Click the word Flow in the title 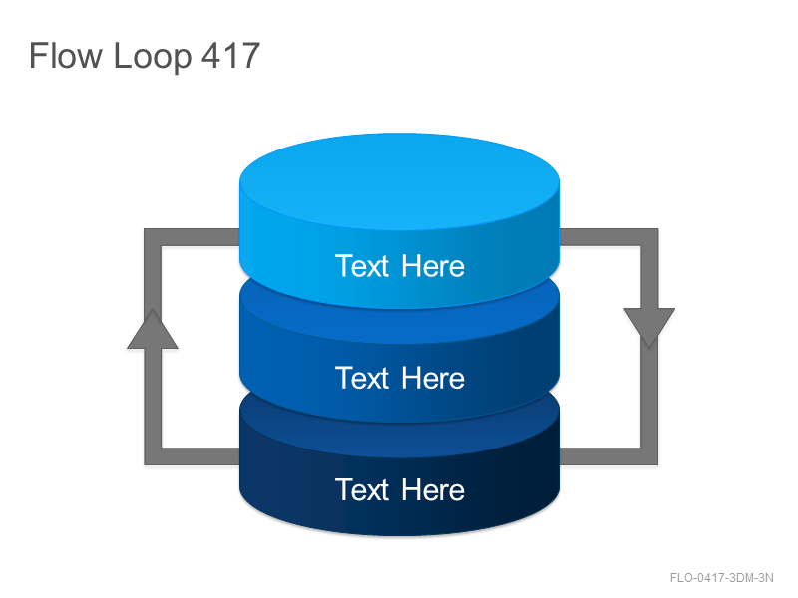(65, 55)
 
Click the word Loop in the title (153, 58)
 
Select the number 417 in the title (230, 55)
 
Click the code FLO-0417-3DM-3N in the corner (721, 578)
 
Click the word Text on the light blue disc (362, 266)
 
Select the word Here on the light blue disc (433, 266)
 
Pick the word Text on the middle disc (362, 378)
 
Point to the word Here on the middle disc (433, 378)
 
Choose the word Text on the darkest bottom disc (362, 489)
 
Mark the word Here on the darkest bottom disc (433, 489)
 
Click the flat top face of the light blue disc (400, 181)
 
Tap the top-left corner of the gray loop (153, 237)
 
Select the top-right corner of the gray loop (649, 237)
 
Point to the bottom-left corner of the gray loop (153, 456)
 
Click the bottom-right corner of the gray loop (649, 456)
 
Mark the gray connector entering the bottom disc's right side (599, 456)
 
